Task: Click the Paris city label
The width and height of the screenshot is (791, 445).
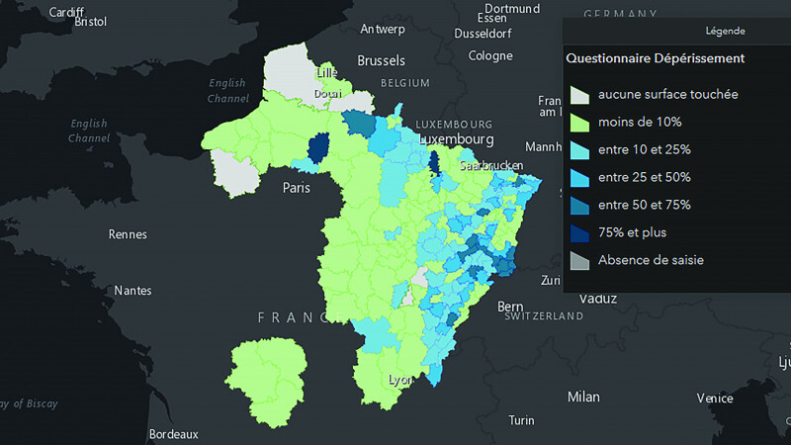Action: pos(298,187)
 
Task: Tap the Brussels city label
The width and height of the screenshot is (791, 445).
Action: pos(381,60)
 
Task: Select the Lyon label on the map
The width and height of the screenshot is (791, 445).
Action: pos(400,380)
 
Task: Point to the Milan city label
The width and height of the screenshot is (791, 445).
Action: pos(582,397)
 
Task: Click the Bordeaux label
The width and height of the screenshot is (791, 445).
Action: pos(173,433)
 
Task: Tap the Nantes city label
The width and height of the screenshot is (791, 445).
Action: pos(132,291)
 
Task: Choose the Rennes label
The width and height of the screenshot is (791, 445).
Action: pos(127,234)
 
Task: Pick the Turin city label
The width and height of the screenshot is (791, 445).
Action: pos(521,420)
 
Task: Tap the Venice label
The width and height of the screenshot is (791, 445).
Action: pos(714,398)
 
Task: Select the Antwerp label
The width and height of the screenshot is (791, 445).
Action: pos(383,29)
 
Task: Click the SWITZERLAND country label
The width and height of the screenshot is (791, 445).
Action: pos(543,316)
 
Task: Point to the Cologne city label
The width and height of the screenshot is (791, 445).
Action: pos(490,56)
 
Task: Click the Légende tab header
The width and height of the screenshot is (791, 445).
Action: pos(726,31)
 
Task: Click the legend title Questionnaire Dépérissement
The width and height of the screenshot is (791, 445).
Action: pos(656,58)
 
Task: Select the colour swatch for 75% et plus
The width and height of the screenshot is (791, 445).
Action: pos(579,233)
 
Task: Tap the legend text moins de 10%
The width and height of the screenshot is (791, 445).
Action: pos(639,122)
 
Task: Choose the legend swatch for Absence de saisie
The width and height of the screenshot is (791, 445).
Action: pos(579,261)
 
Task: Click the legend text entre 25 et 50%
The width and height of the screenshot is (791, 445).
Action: pos(644,177)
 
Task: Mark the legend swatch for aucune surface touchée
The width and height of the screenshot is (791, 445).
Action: pos(579,95)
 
